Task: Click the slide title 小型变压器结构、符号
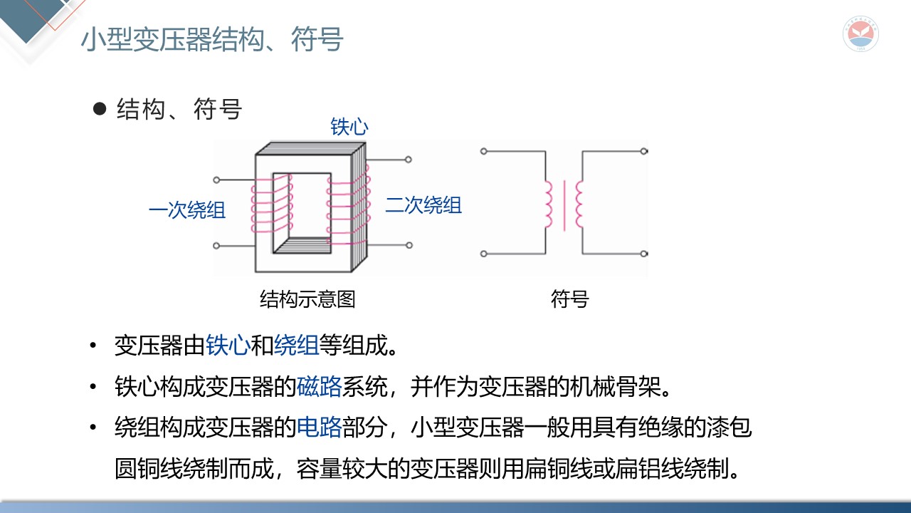point(212,40)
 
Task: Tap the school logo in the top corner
point(860,34)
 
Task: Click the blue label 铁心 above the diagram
point(349,128)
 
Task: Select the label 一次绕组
point(187,210)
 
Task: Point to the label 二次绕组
point(423,205)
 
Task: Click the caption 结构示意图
point(307,299)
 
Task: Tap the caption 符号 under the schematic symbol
point(569,299)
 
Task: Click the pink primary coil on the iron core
point(271,207)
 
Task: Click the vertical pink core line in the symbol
point(564,205)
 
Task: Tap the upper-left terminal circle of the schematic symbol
point(484,151)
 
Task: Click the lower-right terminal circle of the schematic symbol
point(643,253)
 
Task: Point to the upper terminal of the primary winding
point(217,180)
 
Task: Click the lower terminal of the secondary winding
point(409,245)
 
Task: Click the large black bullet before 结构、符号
point(100,110)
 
